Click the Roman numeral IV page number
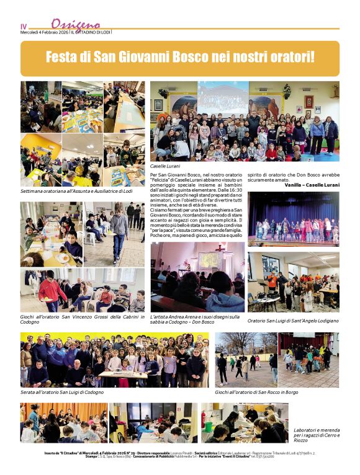pyautogui.click(x=24, y=26)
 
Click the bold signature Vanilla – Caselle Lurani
pyautogui.click(x=312, y=185)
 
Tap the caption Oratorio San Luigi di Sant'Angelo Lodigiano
pyautogui.click(x=293, y=321)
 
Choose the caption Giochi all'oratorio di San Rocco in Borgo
pyautogui.click(x=265, y=393)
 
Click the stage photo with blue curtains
pyautogui.click(x=293, y=218)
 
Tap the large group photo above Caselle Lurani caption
pyautogui.click(x=245, y=121)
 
